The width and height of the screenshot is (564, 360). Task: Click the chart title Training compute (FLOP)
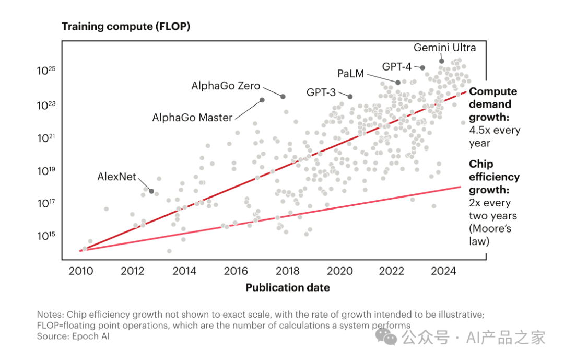tap(126, 26)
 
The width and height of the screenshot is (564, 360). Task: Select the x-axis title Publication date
tap(288, 287)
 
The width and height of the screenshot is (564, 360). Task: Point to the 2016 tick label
tap(236, 271)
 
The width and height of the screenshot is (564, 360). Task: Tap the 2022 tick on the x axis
tap(392, 271)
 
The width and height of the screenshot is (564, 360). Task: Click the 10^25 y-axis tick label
tap(46, 71)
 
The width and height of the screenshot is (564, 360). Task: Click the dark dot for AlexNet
tap(151, 191)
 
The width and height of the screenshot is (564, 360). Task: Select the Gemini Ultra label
tap(445, 48)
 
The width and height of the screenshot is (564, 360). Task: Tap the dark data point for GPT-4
tap(422, 67)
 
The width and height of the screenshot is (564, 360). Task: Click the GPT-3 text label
tap(321, 92)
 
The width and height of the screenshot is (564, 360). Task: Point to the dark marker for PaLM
tap(398, 83)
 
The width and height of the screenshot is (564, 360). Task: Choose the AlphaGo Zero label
tap(226, 86)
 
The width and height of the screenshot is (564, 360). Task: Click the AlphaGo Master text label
tap(192, 118)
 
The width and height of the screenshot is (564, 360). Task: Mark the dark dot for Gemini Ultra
tap(442, 61)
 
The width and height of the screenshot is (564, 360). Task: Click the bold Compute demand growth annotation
tap(493, 104)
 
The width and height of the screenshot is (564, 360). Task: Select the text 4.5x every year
tap(495, 136)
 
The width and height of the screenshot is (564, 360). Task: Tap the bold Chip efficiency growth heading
tap(494, 177)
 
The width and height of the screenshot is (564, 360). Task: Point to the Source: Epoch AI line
tap(73, 336)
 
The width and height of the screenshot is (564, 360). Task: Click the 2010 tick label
tap(81, 271)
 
